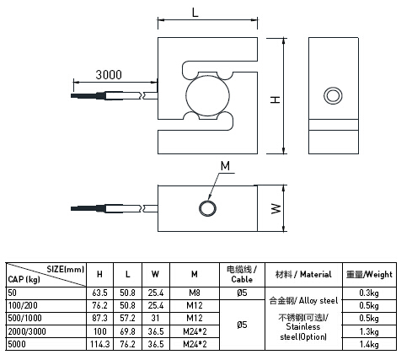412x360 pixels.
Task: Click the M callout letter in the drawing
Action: tap(224, 165)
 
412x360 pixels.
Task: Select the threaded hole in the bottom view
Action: tap(206, 207)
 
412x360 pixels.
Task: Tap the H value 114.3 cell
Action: tap(99, 344)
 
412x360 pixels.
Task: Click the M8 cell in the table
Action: tap(194, 293)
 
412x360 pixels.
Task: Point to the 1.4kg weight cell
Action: tap(368, 344)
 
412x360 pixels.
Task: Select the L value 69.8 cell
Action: tap(127, 331)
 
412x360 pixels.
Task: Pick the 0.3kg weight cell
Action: tap(368, 293)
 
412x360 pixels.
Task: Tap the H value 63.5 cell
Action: tap(99, 293)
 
